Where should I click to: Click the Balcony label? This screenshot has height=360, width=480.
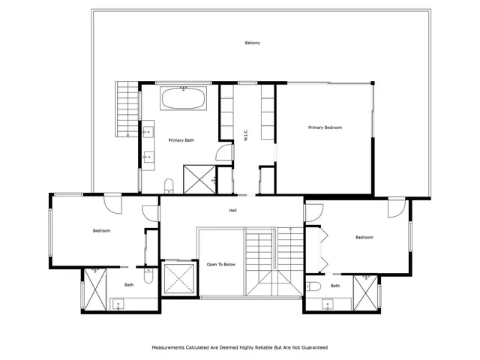point(253,43)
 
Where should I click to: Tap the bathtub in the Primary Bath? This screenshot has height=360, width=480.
point(183,98)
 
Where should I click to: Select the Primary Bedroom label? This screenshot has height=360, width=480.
point(325,127)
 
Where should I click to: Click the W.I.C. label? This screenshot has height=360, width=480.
point(246,135)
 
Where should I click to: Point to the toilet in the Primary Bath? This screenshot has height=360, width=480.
point(169,186)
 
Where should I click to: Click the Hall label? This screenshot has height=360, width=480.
point(233,211)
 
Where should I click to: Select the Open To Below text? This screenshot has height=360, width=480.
point(221,265)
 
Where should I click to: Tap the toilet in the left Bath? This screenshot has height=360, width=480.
point(148,275)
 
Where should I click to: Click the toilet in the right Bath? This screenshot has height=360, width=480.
point(313,286)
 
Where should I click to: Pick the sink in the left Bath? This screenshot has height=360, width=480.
point(118,304)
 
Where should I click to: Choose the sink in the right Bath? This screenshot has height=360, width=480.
point(328,304)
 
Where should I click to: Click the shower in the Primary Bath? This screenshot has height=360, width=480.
point(199,180)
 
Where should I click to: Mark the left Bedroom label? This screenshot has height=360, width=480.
point(102,231)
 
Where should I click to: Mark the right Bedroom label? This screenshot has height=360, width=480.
point(364,238)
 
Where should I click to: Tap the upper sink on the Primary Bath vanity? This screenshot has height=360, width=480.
point(148,132)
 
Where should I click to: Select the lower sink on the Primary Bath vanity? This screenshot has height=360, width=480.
point(148,157)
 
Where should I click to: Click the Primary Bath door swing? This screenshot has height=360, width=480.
point(224,152)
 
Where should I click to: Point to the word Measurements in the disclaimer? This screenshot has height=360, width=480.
point(168,348)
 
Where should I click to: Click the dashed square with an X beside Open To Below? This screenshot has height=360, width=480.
point(179,278)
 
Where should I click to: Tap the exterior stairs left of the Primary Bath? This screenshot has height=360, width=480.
point(127,109)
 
